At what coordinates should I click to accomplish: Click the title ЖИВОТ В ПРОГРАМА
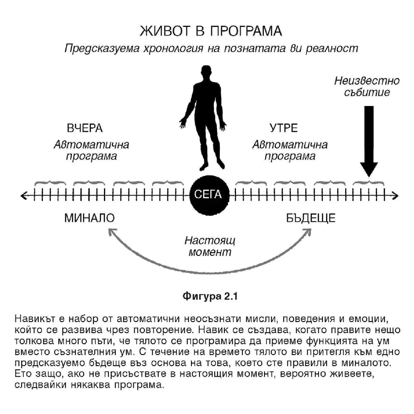coord(211,31)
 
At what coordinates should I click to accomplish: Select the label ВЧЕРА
coord(85,128)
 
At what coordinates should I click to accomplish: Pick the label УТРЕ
coord(283,128)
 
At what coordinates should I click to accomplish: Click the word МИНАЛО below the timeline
coord(89,218)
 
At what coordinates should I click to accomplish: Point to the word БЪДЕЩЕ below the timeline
coord(311,218)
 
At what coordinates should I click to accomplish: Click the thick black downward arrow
coord(369,141)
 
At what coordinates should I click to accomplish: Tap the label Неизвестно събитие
coord(367,86)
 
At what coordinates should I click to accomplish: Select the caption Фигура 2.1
coord(210,296)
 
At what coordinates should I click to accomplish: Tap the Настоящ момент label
coord(210,246)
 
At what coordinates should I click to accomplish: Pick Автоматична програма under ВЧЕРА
coord(91,150)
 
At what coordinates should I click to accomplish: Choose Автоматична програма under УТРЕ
coord(290,150)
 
